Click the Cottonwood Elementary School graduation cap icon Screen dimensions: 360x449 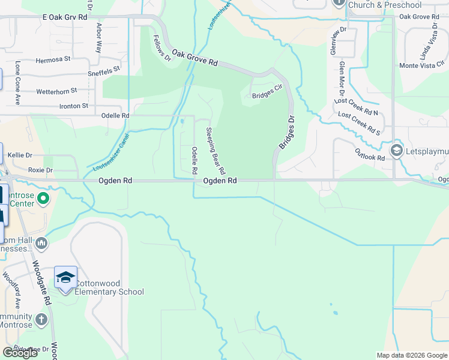coord(65,277)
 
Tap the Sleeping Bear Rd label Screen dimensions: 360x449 coord(215,147)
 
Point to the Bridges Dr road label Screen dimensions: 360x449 coord(286,133)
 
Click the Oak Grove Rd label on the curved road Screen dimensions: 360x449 coord(194,58)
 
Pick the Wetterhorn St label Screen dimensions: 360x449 coord(56,91)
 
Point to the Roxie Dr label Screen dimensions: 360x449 coord(40,170)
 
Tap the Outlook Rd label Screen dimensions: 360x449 coord(369,154)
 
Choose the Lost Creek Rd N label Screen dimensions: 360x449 coord(358,108)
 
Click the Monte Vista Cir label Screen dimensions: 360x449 coord(421,65)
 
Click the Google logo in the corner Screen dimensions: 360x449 coord(20,353)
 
